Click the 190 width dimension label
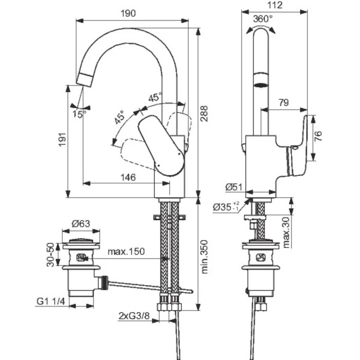point(128,13)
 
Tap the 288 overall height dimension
point(204,114)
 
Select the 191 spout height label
point(62,139)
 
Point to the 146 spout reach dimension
point(128,177)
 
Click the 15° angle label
point(79,114)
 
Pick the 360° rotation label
point(263,19)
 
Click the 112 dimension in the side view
point(275,5)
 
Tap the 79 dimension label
point(284,102)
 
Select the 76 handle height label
point(318,136)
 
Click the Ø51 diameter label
point(233,187)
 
